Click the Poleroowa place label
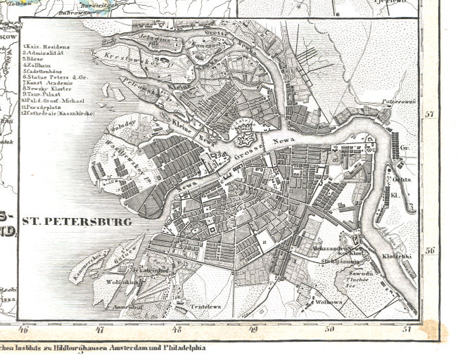pyautogui.click(x=395, y=101)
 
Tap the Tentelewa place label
pyautogui.click(x=198, y=307)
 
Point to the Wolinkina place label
pyautogui.click(x=122, y=284)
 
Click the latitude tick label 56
pyautogui.click(x=430, y=250)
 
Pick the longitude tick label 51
pyautogui.click(x=405, y=328)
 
